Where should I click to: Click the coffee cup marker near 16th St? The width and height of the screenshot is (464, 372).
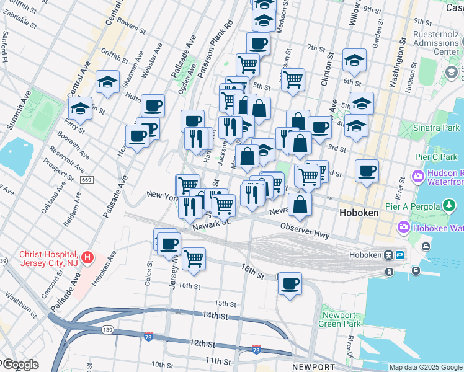coord(290,284)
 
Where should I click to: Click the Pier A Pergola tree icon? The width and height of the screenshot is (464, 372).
coord(448,205)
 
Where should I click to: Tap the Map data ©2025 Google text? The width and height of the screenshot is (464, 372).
coord(426,367)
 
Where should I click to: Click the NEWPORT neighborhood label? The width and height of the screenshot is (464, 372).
coord(296,367)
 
